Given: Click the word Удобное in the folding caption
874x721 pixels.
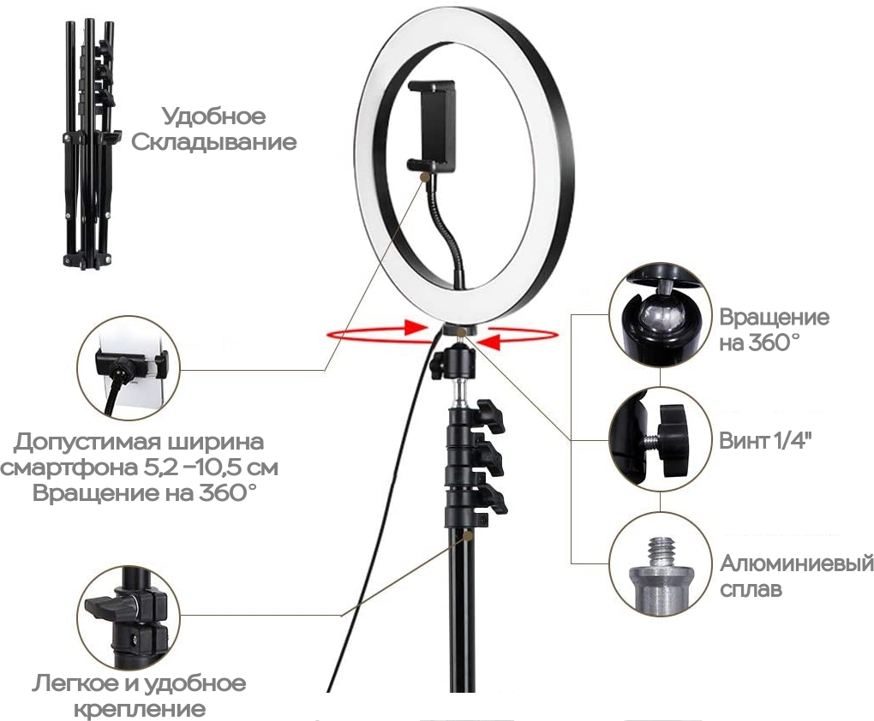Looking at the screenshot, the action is (x=214, y=116).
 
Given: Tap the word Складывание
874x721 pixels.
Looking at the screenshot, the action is (x=214, y=142).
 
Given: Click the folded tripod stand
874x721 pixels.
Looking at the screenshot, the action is (x=89, y=145).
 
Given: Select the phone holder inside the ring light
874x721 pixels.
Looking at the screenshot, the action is (x=432, y=125).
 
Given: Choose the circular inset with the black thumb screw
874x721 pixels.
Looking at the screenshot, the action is (x=660, y=439).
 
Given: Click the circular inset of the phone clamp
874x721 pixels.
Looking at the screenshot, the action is (x=129, y=369).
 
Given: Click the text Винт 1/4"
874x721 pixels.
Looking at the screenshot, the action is (x=764, y=441).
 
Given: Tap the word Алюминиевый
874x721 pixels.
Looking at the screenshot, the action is (x=797, y=564).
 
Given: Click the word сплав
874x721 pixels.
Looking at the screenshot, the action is (x=751, y=589).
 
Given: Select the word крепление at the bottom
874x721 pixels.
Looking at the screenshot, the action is (x=140, y=709).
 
